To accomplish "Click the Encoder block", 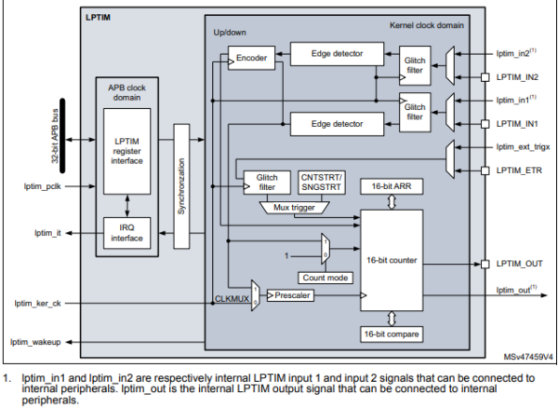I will tap(252, 58).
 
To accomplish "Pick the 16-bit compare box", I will tap(391, 334).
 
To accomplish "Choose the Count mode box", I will tap(324, 277).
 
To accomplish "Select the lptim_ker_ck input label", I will tap(36, 304).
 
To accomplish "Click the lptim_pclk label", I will tap(41, 186).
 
